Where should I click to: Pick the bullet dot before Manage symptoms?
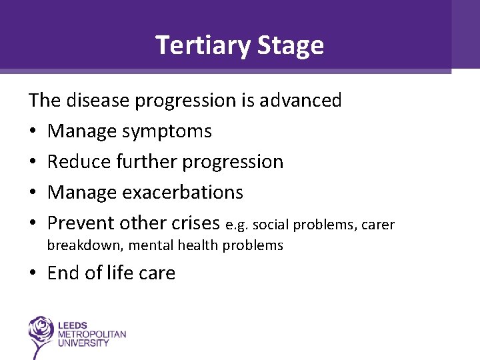point(33,132)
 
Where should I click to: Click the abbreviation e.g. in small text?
point(237,225)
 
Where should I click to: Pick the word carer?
point(378,225)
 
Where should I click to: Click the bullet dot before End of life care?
point(33,274)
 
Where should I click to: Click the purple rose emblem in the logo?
point(42,332)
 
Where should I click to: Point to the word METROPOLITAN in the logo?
point(93,334)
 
